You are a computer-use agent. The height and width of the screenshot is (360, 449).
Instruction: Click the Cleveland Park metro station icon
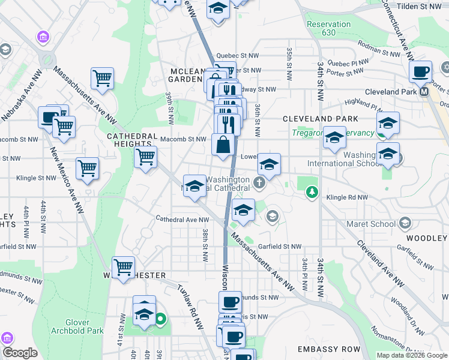[x=424, y=92]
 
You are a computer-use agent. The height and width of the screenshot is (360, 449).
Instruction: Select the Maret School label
[x=370, y=224]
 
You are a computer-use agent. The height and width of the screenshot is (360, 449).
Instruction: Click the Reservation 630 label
[x=328, y=28]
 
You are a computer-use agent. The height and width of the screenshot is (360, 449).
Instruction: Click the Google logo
[x=20, y=352]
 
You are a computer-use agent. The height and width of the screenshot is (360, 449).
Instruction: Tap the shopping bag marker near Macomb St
[x=223, y=146]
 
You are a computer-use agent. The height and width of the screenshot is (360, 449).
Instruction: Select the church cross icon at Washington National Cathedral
[x=259, y=182]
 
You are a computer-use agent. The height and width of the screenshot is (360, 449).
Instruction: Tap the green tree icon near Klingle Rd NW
[x=311, y=192]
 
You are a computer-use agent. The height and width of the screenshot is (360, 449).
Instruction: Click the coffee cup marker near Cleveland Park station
[x=420, y=72]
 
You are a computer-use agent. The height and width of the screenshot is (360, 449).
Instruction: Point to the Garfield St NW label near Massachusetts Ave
[x=280, y=247]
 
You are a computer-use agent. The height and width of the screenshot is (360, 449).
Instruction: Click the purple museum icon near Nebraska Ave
[x=43, y=38]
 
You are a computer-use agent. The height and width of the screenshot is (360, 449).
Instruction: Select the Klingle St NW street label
[x=35, y=178]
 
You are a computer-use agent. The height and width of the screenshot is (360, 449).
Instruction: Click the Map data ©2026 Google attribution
[x=412, y=355]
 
